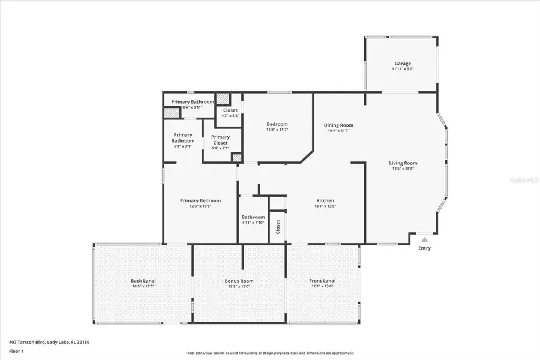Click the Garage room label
click(403, 64)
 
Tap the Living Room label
click(403, 163)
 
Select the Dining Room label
click(338, 125)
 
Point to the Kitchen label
click(325, 200)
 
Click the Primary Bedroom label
click(200, 200)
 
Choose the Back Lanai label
click(143, 281)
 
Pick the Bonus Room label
click(239, 281)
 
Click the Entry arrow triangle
click(424, 240)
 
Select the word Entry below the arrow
click(424, 248)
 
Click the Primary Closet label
click(220, 140)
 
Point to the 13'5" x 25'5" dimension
click(403, 169)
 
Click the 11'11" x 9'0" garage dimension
click(403, 69)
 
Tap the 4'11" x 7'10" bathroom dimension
click(253, 223)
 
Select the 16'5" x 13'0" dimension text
click(143, 286)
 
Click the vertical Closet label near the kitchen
click(278, 227)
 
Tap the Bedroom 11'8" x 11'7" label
click(277, 127)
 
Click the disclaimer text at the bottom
click(269, 353)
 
